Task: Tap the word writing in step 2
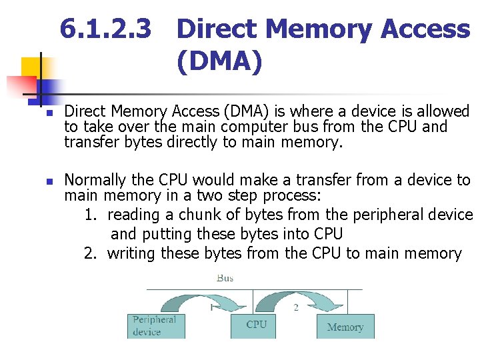131,253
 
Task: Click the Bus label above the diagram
225,277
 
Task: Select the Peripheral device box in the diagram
155,325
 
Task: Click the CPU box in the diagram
256,325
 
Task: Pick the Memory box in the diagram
345,327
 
